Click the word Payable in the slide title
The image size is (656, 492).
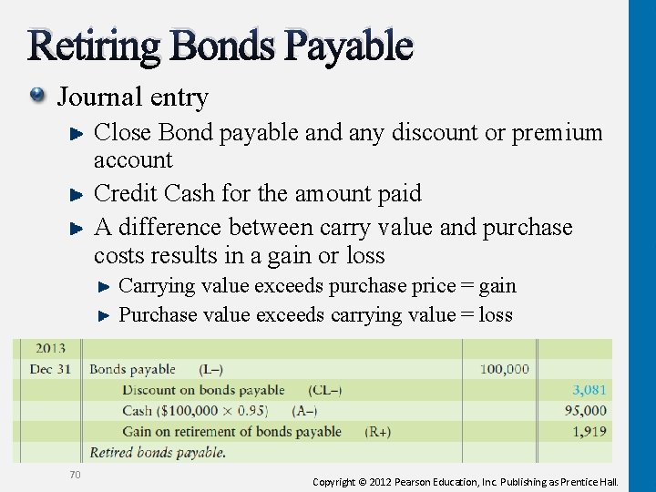pos(352,46)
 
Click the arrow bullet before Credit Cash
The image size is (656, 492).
pos(77,193)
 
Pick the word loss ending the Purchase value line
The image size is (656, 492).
pos(495,315)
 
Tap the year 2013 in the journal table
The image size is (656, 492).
pos(51,349)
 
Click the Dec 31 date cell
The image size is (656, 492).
pos(51,369)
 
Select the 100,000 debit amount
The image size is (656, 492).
pos(504,369)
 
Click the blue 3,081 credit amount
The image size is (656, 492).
pos(589,390)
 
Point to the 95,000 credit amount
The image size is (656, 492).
pos(585,411)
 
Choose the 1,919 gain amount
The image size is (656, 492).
pos(589,431)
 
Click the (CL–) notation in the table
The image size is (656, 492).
pos(325,390)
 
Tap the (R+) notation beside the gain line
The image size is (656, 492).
pos(377,431)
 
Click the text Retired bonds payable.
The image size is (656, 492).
pos(157,452)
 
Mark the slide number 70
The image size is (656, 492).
pos(76,474)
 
